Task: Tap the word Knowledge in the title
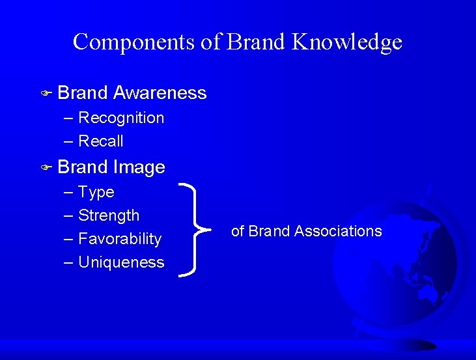[347, 42]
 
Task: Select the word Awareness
[160, 93]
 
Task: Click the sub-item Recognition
[121, 118]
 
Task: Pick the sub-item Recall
[100, 141]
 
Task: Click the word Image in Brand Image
[139, 167]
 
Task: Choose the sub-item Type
[96, 192]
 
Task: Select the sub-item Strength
[109, 215]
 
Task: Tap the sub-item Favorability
[120, 239]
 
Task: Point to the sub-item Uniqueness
[121, 262]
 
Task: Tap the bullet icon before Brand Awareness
[46, 94]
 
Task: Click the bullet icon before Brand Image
[46, 168]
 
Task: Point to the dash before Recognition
[69, 118]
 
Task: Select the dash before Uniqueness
[69, 263]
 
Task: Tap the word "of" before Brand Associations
[238, 231]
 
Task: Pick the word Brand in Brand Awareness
[83, 93]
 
